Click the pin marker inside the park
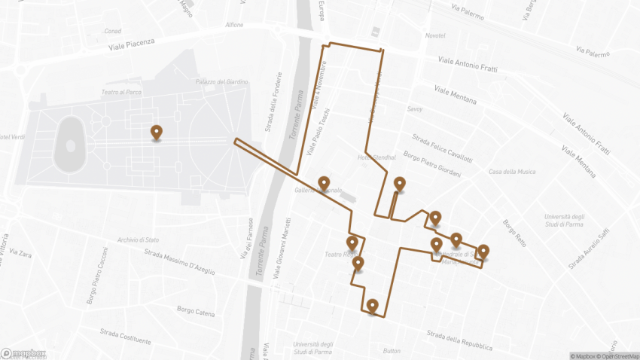[156, 133]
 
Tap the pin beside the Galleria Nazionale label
[324, 183]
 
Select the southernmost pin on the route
[372, 305]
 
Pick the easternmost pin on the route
[483, 251]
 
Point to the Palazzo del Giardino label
[222, 82]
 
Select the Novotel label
[435, 36]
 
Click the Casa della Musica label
[512, 172]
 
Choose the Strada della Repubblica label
[459, 341]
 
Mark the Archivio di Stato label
[138, 240]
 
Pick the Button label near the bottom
[392, 351]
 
